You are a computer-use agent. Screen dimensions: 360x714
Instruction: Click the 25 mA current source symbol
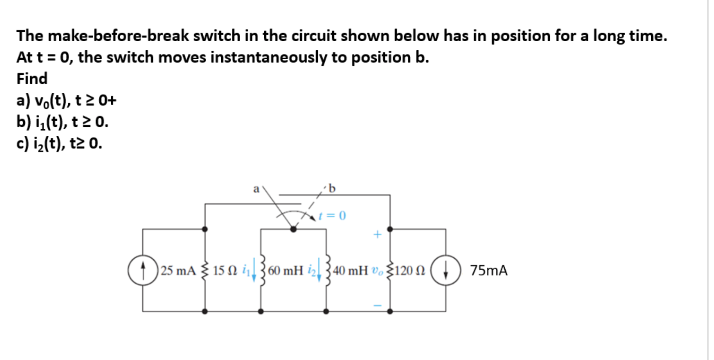tap(143, 270)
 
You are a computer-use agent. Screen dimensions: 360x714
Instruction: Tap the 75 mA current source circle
tap(445, 270)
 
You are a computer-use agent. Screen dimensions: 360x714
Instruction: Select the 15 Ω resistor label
tap(224, 271)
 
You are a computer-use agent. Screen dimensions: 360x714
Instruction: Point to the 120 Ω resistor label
tap(410, 271)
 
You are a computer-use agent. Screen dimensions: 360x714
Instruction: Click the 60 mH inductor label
tap(286, 271)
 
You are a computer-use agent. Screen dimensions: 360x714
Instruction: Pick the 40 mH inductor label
tap(350, 271)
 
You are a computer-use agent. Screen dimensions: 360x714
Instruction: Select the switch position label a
tap(256, 189)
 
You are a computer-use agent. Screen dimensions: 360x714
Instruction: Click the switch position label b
tap(332, 188)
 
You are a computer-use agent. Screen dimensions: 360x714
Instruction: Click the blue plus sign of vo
tap(377, 235)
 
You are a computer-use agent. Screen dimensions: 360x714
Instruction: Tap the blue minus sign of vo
tap(377, 305)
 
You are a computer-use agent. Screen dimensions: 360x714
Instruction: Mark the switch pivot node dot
tap(293, 229)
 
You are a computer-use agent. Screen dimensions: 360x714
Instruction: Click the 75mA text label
tap(489, 271)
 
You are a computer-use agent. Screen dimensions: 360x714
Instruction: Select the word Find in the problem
tap(32, 79)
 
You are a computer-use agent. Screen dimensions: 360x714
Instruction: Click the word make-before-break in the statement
tap(118, 36)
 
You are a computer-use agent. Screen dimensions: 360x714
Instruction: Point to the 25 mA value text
tap(178, 271)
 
